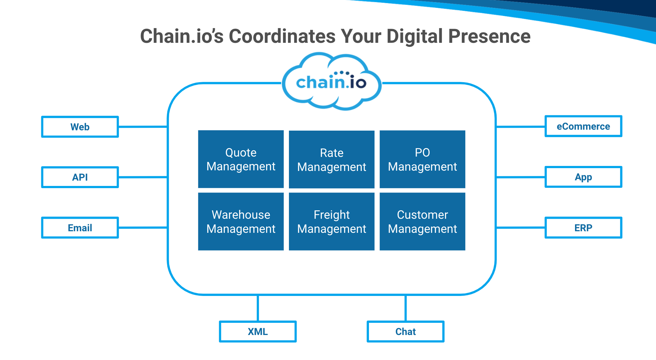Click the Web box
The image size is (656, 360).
click(80, 127)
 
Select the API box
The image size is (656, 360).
click(80, 177)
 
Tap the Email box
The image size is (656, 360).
click(80, 228)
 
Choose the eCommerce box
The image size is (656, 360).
click(583, 126)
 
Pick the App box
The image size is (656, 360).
click(583, 177)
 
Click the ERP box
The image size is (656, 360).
click(583, 228)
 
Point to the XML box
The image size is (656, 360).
click(258, 332)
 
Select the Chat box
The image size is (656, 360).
click(406, 332)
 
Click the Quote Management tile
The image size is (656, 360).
click(241, 159)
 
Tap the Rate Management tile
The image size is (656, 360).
click(331, 160)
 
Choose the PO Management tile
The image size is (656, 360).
click(422, 159)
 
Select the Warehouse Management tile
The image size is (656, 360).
click(241, 222)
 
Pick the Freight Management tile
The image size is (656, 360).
click(331, 222)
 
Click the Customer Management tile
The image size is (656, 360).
click(422, 222)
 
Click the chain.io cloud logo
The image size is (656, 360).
click(331, 82)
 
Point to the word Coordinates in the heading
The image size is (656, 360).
click(282, 36)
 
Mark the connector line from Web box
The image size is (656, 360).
click(143, 127)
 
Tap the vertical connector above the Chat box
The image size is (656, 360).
click(406, 308)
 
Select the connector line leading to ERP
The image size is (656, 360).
click(521, 228)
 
